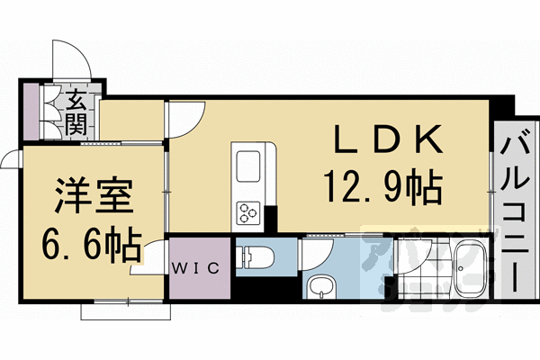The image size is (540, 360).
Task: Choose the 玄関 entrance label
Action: coord(75,110)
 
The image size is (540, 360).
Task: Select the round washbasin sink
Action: coord(319,289)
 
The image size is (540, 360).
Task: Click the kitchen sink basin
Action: coord(247,167)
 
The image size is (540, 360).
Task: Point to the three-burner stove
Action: coord(247,212)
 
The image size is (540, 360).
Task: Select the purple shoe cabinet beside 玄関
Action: coord(33,111)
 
